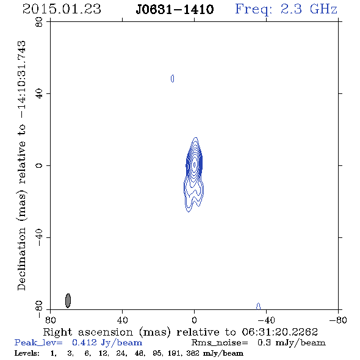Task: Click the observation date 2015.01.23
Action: [x=62, y=9]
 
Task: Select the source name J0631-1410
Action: [x=175, y=9]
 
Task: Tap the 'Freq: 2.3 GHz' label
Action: [x=286, y=9]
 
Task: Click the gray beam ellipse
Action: [x=68, y=301]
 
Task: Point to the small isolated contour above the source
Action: [x=173, y=79]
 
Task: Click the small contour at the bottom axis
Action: [x=258, y=306]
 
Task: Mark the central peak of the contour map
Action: [x=195, y=165]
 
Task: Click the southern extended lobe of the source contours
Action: [x=193, y=195]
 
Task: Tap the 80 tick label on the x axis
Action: [x=50, y=320]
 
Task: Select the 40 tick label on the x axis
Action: [x=122, y=320]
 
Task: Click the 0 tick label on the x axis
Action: [x=194, y=320]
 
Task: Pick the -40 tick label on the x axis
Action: [x=266, y=320]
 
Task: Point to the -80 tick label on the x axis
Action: [x=338, y=320]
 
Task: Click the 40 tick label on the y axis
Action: [x=39, y=94]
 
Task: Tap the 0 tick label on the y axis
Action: [x=39, y=165]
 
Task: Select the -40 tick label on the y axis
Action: [x=39, y=237]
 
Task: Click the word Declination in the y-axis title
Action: [x=21, y=259]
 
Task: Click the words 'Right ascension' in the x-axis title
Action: [x=88, y=332]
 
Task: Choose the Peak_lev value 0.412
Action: [x=84, y=342]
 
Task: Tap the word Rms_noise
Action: [x=220, y=343]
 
